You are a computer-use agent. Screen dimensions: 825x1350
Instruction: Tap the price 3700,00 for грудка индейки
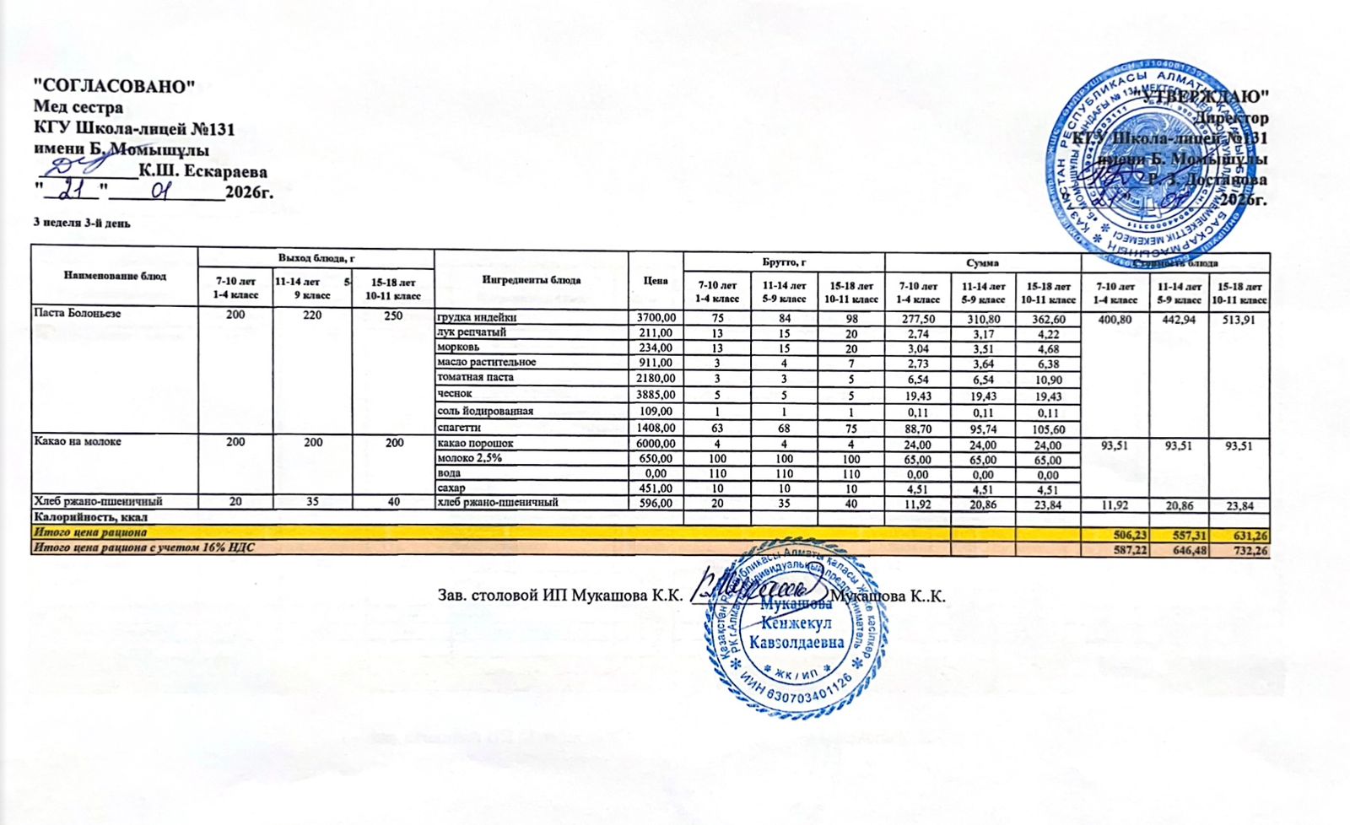[656, 317]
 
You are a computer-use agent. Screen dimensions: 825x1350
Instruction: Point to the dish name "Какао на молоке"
[65, 442]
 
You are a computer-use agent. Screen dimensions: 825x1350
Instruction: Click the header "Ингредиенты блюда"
[531, 280]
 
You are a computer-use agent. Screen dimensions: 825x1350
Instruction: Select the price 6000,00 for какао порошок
[656, 443]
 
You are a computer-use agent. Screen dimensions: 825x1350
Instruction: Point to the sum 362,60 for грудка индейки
[1048, 319]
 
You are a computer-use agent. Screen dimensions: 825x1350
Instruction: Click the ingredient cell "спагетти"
[458, 428]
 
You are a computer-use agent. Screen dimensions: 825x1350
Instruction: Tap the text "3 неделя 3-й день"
[81, 224]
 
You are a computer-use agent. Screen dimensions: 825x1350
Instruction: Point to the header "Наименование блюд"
[114, 276]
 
